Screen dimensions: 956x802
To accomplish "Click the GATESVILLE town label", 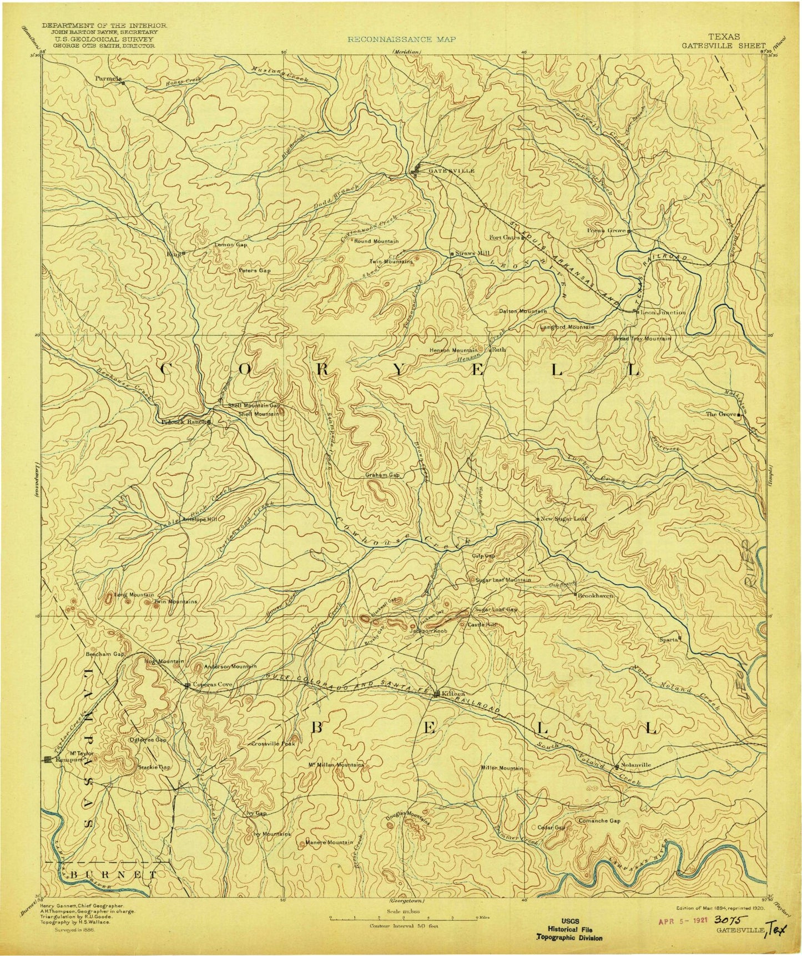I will click(x=451, y=171).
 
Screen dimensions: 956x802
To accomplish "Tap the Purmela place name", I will click(x=108, y=79).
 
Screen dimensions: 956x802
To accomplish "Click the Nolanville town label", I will click(x=635, y=764).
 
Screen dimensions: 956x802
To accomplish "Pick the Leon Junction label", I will click(x=663, y=313).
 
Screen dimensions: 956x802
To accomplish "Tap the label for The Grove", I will click(x=720, y=414).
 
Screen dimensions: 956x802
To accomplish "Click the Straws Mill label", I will click(x=473, y=253).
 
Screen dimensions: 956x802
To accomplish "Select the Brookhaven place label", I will click(x=596, y=595).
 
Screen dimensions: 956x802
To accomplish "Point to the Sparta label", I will click(x=669, y=639).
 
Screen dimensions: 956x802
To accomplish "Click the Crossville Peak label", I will click(x=273, y=743).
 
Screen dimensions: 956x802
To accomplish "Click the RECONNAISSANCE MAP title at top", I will click(x=402, y=39).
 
